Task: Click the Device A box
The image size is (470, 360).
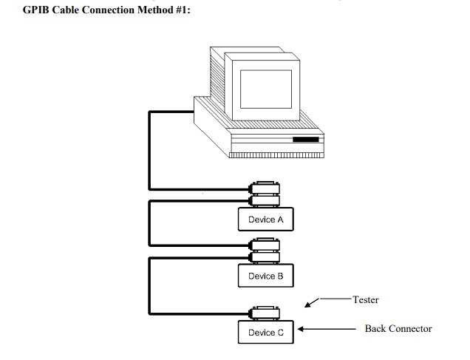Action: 265,220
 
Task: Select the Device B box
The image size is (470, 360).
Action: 265,276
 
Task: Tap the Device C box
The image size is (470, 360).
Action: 265,333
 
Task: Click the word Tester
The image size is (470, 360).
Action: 365,299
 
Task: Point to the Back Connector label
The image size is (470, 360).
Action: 398,328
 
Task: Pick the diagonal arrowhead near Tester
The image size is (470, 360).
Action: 310,303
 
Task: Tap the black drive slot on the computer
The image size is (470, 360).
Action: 305,139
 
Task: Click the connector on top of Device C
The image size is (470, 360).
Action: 265,313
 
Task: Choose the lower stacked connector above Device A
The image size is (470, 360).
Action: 265,200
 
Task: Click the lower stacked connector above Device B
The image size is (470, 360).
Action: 265,257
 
